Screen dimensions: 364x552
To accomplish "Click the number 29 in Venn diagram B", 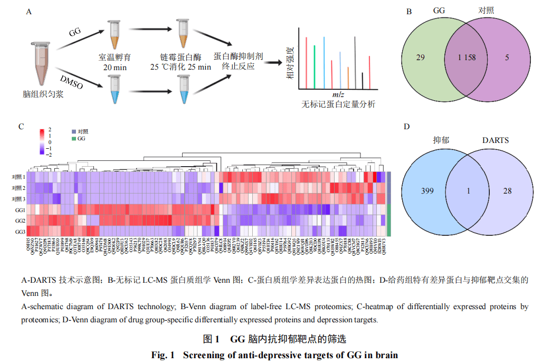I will (x=421, y=58).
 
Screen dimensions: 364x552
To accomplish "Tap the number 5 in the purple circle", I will (x=507, y=58).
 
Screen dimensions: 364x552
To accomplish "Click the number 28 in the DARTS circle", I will (x=507, y=191).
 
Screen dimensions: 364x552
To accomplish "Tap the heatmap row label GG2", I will (x=20, y=221).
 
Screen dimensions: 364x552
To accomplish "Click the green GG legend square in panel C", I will (x=74, y=138).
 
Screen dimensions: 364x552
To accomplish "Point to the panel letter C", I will (x=21, y=127).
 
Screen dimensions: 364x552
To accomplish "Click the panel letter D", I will (x=406, y=127).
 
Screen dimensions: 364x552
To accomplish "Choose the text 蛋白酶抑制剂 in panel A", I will (x=239, y=57).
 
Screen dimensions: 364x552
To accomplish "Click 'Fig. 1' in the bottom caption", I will (x=163, y=355).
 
